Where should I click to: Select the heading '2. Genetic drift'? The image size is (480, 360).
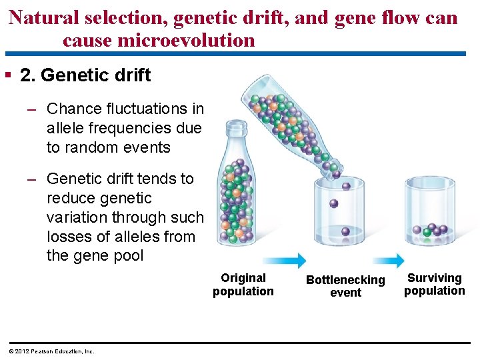coord(85,75)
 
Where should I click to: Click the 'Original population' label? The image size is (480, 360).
coord(243,285)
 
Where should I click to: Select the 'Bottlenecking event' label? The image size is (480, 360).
coord(345,286)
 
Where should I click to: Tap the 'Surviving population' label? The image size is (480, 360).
coord(434,284)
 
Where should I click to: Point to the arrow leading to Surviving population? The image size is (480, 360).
coord(386,261)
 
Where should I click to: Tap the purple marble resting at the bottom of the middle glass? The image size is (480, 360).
coord(345,232)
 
